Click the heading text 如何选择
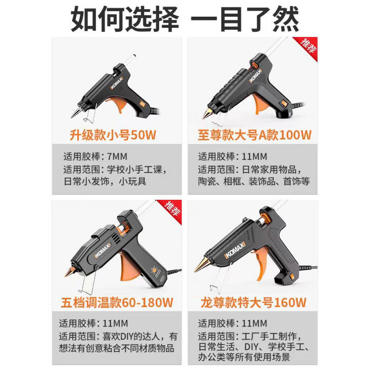[124, 19]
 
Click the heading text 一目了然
[246, 19]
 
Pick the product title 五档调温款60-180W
[117, 303]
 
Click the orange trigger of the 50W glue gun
[118, 105]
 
